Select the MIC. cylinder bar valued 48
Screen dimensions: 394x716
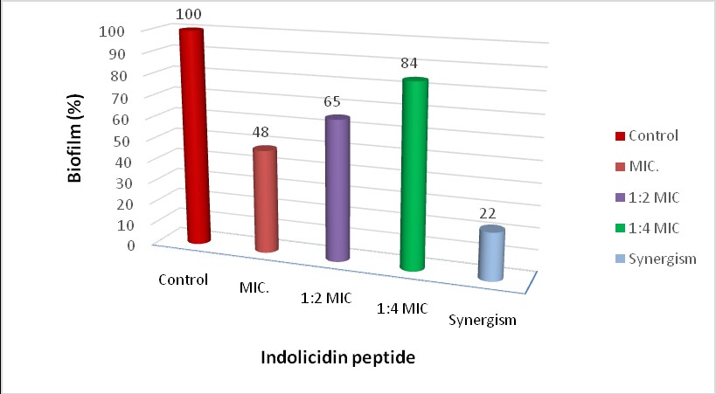pos(265,201)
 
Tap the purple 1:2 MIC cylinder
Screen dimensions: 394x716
pos(337,190)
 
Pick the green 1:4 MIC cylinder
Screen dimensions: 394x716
pos(414,175)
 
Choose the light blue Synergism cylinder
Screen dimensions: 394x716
pos(491,254)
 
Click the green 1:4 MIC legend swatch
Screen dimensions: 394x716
pos(619,228)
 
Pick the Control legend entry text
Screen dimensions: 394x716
pos(654,135)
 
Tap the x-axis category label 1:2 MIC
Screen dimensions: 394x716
pos(322,297)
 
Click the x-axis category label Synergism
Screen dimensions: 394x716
pos(483,320)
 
